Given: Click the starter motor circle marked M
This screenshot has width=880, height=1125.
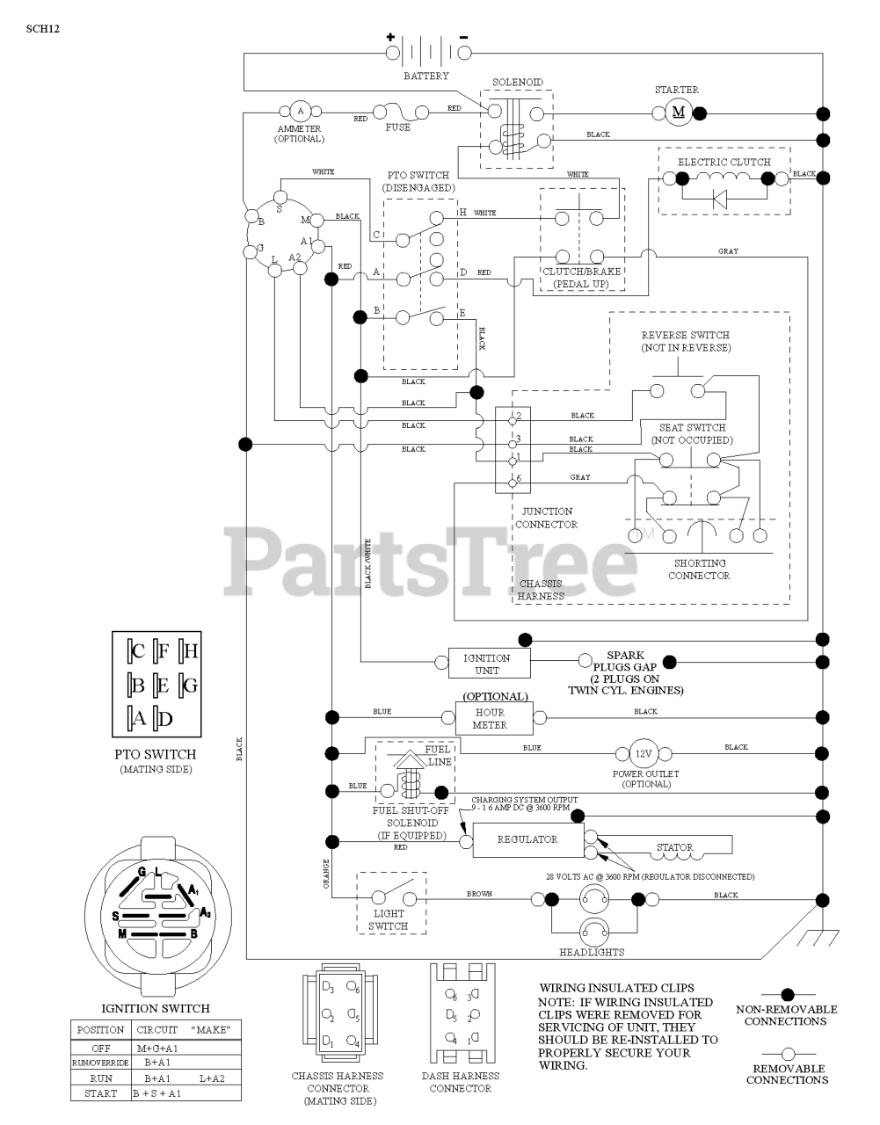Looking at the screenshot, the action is pos(678,112).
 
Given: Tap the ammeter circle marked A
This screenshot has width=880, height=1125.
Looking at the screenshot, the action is pos(300,111).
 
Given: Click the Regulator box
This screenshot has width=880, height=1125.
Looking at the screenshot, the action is pos(527,839).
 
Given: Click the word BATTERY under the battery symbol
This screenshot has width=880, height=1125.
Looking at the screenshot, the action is pos(426,76).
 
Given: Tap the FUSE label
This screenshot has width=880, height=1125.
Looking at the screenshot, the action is pos(397,127).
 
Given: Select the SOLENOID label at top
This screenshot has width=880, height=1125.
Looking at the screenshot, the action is pos(517,82).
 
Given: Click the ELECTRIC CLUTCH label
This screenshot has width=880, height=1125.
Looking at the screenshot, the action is pos(724,162).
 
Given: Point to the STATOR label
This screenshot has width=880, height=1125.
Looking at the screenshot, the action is pos(674,848).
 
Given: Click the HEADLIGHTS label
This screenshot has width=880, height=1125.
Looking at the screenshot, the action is pos(592,952).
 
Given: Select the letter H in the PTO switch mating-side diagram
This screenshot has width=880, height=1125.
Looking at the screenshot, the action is pos(191,651).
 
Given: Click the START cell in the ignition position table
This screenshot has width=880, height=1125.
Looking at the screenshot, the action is pos(100,1093).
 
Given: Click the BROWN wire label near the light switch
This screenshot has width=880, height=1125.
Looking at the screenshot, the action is pos(479,894).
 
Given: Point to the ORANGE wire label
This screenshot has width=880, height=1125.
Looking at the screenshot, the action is pos(326,874).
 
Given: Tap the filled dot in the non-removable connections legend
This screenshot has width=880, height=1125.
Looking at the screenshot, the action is pos(787,994).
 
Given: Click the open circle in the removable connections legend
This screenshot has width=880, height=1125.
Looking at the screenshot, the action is pos(787,1053).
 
